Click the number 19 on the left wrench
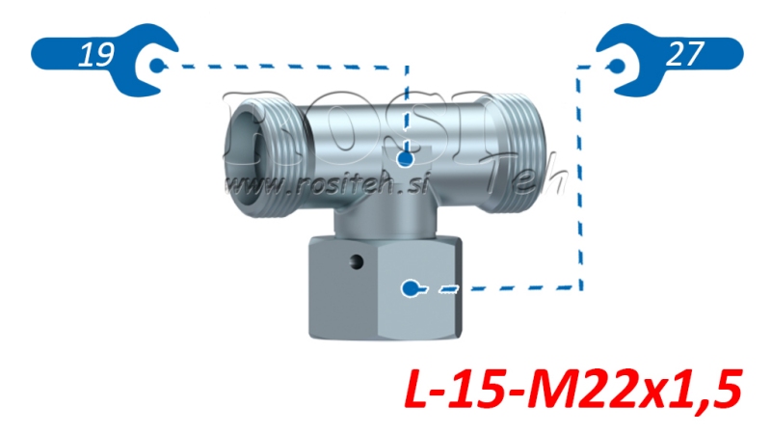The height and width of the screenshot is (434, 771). [93, 56]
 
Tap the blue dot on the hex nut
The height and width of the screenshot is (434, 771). [412, 287]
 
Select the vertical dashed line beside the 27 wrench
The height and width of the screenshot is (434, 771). [579, 174]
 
